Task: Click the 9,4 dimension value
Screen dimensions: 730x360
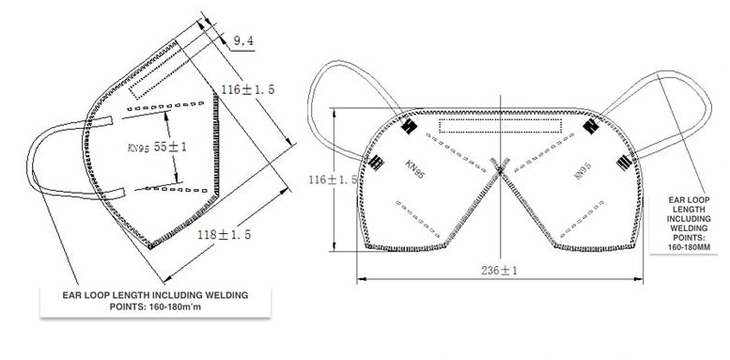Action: tap(243, 41)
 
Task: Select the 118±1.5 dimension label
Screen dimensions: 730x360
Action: tap(224, 234)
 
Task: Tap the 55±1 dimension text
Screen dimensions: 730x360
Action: tap(170, 147)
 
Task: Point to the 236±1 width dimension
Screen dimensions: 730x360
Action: tap(500, 270)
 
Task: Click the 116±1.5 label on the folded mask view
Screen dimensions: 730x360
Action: tap(248, 89)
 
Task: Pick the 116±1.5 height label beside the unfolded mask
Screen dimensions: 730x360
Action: tap(333, 180)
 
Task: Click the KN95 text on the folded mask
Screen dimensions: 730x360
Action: tap(138, 148)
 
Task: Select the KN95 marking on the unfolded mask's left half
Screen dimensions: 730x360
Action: tap(415, 169)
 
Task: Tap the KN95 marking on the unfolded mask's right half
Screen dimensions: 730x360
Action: tap(582, 170)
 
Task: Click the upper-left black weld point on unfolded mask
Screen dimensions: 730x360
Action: tap(410, 126)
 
